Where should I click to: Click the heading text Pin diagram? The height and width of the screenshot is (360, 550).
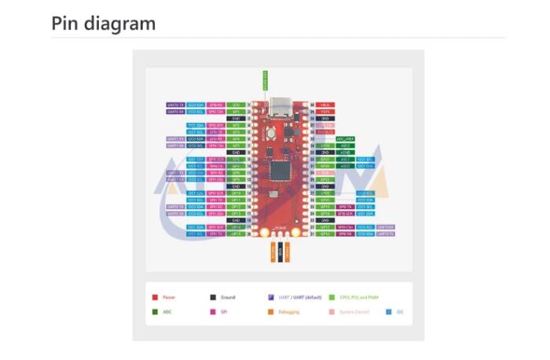coord(104,23)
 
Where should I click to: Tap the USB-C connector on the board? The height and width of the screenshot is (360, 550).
coord(278,106)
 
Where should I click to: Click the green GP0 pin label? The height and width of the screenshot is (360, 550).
coord(236,104)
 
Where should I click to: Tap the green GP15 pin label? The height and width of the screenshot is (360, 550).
coord(236,233)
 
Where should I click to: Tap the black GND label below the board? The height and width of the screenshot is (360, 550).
coord(281,251)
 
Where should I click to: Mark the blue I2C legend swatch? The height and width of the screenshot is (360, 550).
coord(389,312)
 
